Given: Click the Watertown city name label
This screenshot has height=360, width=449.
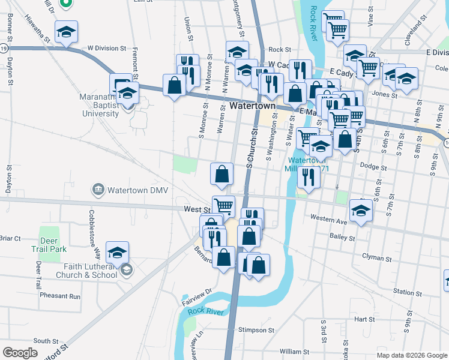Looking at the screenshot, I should tap(252, 106).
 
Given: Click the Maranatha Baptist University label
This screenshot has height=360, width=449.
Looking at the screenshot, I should tap(99, 104).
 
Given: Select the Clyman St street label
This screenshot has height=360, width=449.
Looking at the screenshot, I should tap(376, 257).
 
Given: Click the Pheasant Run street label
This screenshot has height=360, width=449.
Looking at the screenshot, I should tap(60, 296).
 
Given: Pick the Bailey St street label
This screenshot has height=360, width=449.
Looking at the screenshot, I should tap(343, 238).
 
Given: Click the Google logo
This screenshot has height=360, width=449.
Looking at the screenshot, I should tap(20, 352).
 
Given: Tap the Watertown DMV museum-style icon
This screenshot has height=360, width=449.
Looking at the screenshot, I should tap(98, 190).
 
